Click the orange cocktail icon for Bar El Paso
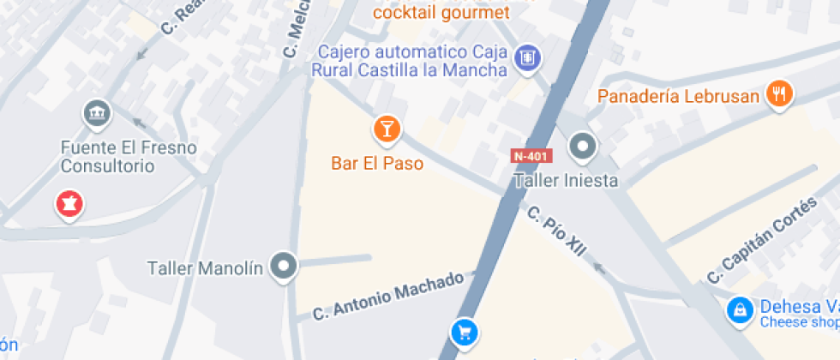(387, 129)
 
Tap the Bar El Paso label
(377, 163)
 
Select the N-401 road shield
(531, 156)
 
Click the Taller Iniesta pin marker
(584, 147)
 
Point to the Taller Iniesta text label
(565, 181)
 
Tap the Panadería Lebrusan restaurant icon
(778, 94)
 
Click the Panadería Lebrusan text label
(679, 96)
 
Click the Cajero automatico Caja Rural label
(411, 61)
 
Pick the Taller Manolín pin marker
(283, 267)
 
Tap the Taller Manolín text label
(205, 268)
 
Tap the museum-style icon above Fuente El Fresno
(96, 112)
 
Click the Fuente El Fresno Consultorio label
(129, 157)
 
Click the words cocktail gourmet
(441, 12)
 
